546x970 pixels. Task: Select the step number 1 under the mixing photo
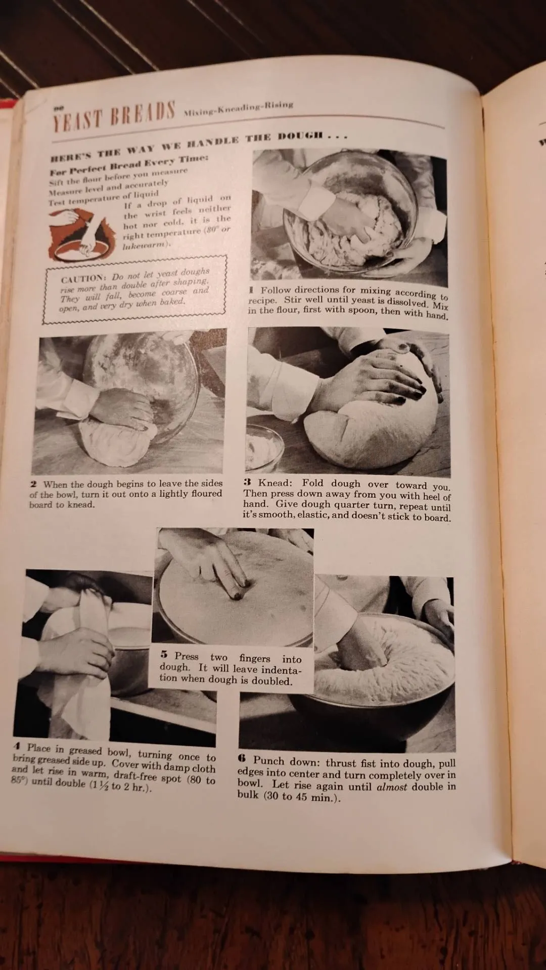pos(251,290)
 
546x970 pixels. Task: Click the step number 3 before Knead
pos(248,482)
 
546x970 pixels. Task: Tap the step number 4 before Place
pos(17,746)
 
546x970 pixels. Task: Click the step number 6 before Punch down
pos(242,759)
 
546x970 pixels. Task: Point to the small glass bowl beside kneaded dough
pos(264,446)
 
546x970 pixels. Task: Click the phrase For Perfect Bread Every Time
pos(129,164)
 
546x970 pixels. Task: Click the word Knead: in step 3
pos(275,483)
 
